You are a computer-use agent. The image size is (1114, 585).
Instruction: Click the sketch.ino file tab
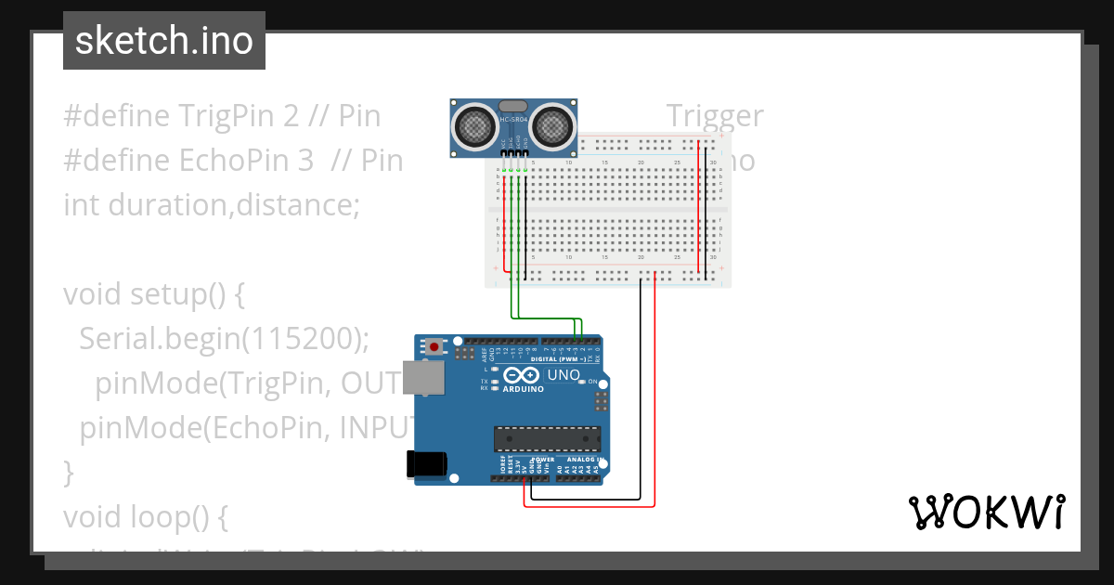pos(164,41)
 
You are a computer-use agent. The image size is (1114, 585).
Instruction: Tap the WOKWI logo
pos(985,512)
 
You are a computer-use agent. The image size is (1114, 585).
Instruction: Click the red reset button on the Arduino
pos(434,346)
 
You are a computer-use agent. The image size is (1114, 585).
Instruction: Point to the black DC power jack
pos(427,464)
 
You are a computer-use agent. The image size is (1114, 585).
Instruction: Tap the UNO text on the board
pos(563,375)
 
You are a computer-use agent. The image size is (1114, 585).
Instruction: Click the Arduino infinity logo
pos(522,375)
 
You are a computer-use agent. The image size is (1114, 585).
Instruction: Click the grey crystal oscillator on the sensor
pos(515,106)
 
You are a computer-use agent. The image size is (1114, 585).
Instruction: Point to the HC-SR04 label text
pos(515,120)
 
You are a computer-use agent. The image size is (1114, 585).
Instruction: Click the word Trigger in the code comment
pos(715,116)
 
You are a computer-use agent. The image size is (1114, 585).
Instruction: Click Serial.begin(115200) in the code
pos(224,339)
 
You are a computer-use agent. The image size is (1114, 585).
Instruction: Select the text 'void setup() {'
pos(153,294)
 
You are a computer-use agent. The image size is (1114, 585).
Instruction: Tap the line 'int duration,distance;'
pos(211,204)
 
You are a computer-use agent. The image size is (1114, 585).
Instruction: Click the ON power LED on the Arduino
pos(580,382)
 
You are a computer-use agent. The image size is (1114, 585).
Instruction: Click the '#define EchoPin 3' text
pos(188,161)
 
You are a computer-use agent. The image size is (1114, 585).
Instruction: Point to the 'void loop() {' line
pos(145,515)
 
